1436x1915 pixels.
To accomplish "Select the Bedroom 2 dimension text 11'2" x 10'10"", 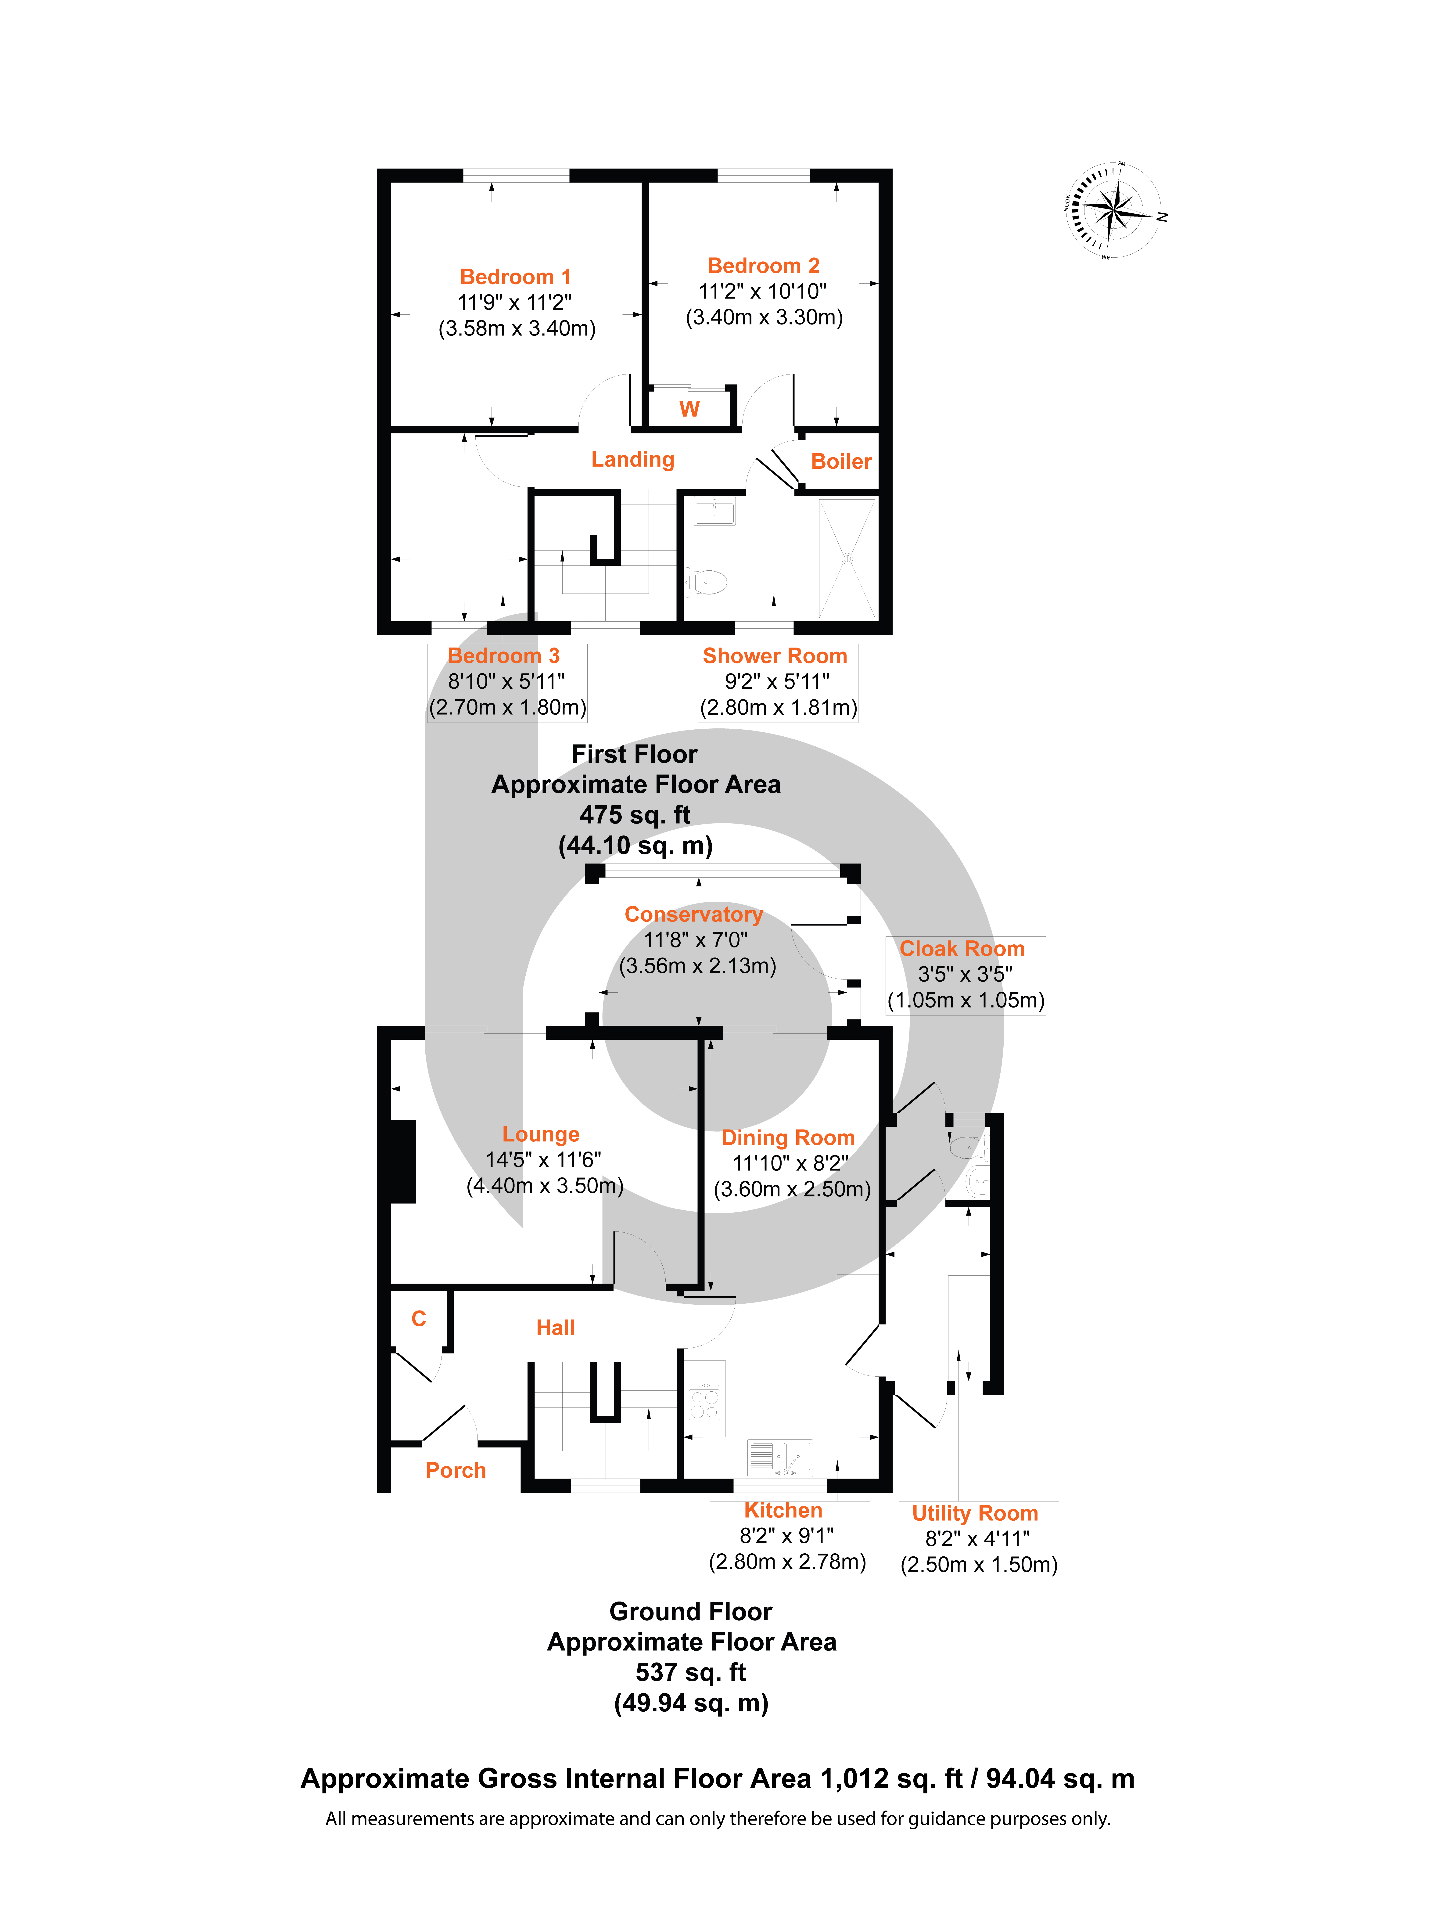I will coord(763,292).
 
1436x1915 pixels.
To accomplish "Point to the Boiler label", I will coord(840,461).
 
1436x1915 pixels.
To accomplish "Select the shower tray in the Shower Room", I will coord(847,558).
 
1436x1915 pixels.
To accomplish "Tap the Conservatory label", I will coord(693,914).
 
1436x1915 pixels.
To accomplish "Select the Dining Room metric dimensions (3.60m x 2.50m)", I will coord(792,1189).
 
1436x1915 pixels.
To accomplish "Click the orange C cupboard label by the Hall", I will coord(419,1318).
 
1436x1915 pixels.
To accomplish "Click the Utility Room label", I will coord(975,1513).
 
